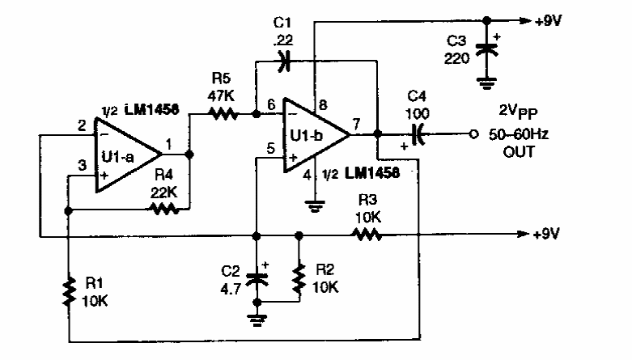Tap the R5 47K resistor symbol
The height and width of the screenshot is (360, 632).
click(223, 115)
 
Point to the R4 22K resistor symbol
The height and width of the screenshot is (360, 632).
click(163, 209)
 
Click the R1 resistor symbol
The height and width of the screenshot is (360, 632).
click(70, 291)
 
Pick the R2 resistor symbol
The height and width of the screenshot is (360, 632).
click(299, 277)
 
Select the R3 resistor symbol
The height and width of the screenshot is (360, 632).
click(365, 235)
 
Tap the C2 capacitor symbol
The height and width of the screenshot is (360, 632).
click(258, 277)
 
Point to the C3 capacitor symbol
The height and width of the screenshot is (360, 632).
click(486, 49)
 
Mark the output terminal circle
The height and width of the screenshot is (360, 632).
click(472, 134)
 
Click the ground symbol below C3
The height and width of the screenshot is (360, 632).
click(486, 83)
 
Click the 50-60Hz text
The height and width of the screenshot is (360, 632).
click(518, 134)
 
